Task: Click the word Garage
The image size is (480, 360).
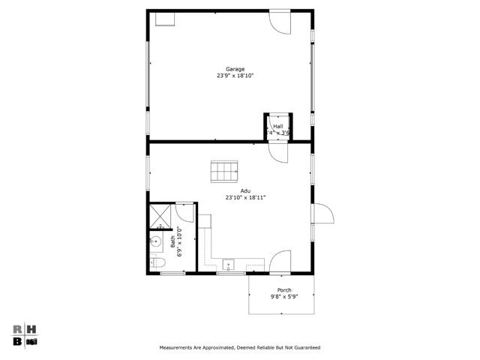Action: (235, 69)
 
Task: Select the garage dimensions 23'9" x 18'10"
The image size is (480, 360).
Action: (235, 76)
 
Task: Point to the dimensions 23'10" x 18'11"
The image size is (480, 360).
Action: (245, 197)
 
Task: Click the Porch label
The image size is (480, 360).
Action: (284, 290)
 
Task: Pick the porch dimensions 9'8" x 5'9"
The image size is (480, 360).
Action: (284, 297)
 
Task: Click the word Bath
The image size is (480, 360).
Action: (172, 241)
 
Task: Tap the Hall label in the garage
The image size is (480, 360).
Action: (278, 126)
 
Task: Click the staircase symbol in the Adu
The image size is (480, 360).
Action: (224, 172)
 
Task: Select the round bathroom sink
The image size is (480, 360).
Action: (156, 241)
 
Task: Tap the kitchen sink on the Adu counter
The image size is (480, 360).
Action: (228, 264)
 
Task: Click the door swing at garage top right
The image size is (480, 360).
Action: (279, 22)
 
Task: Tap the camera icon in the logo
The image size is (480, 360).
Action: (32, 341)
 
